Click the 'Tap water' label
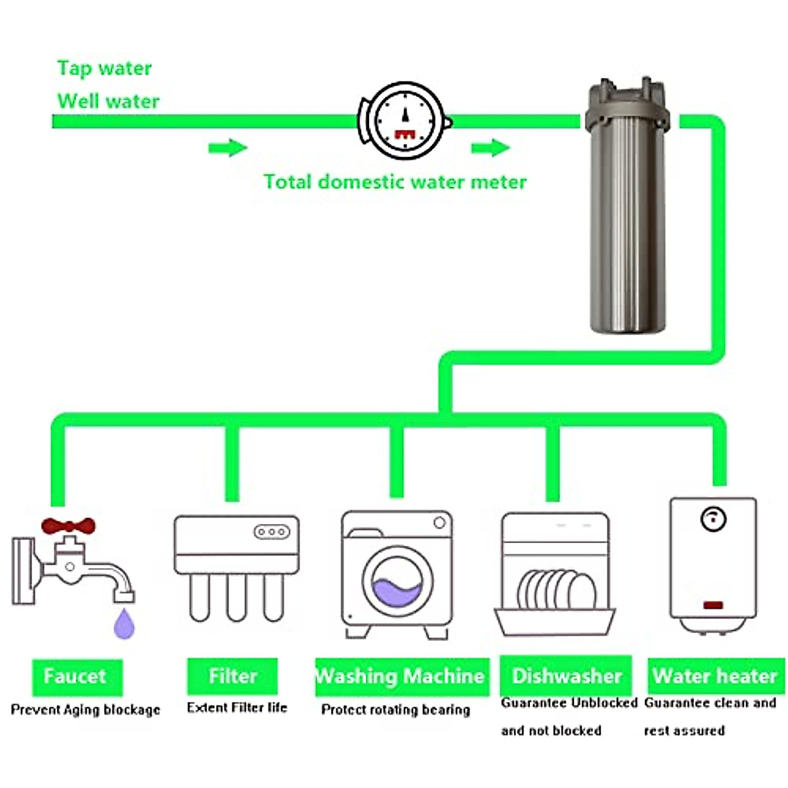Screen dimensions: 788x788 [x=104, y=68]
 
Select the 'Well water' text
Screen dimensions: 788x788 [x=108, y=101]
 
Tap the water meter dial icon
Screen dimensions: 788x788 [x=405, y=120]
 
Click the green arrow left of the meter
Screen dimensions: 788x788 [x=227, y=148]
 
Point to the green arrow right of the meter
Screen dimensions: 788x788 [x=490, y=148]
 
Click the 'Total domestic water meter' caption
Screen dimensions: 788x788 [x=395, y=182]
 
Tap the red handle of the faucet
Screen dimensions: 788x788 [x=68, y=526]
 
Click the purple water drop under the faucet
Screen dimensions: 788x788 [x=124, y=624]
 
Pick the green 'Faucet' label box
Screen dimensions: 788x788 [x=76, y=676]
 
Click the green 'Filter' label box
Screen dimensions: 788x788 [x=232, y=676]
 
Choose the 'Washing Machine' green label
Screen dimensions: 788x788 [x=401, y=676]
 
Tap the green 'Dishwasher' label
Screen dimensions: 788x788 [x=566, y=676]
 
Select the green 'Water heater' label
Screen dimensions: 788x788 [x=715, y=676]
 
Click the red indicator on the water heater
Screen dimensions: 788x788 [x=713, y=605]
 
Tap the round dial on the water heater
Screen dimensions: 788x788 [x=712, y=519]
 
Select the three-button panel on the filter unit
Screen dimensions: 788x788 [x=272, y=531]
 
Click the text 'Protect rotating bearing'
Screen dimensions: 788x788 [x=395, y=710]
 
